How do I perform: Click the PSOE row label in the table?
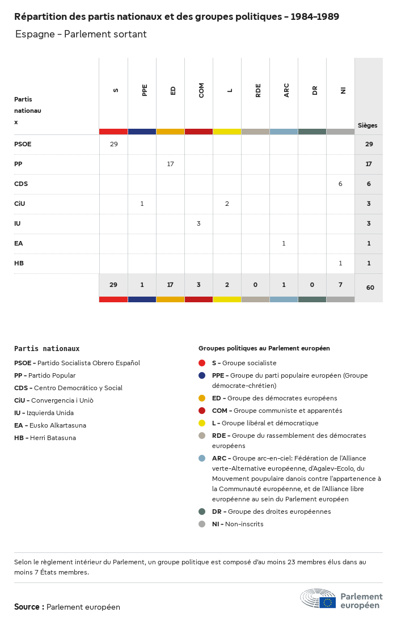click(23, 144)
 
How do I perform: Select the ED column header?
click(173, 90)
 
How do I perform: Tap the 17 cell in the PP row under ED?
click(170, 164)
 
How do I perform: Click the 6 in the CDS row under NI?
click(340, 184)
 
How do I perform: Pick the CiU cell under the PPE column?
click(142, 204)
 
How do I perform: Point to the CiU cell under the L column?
click(227, 204)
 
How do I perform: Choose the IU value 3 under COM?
click(198, 223)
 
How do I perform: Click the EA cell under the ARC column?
click(284, 243)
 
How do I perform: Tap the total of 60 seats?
click(370, 288)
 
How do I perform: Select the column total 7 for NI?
click(340, 285)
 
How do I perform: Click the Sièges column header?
click(368, 125)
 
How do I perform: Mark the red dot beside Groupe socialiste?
click(202, 363)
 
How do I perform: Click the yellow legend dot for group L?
click(202, 423)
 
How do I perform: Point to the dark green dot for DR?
click(202, 512)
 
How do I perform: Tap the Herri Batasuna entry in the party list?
click(45, 438)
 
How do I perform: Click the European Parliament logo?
click(341, 599)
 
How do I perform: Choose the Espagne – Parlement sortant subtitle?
click(81, 34)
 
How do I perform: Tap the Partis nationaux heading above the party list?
click(47, 349)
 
